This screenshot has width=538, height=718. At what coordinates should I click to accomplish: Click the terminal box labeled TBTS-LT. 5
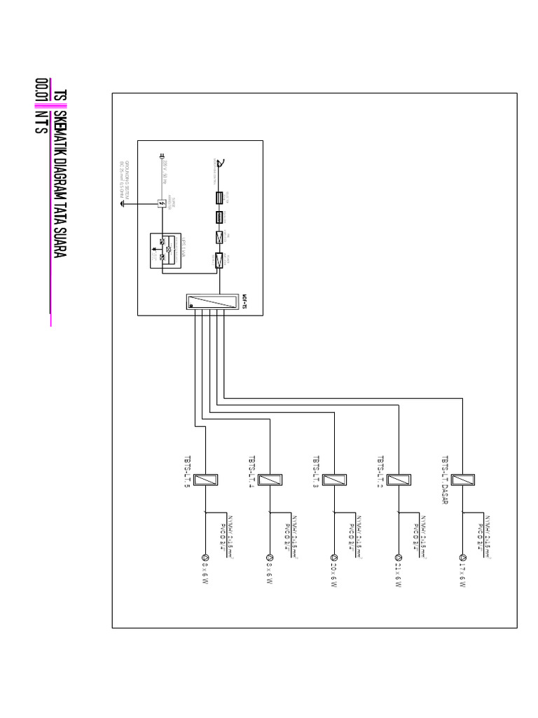pos(205,480)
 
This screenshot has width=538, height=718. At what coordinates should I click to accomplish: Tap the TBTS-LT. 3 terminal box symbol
pos(334,480)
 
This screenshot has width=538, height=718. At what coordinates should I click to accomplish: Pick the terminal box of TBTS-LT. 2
pos(398,480)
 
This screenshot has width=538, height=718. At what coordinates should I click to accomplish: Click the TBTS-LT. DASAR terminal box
pos(462,480)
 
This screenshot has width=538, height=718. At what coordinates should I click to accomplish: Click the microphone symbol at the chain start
pos(220,165)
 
